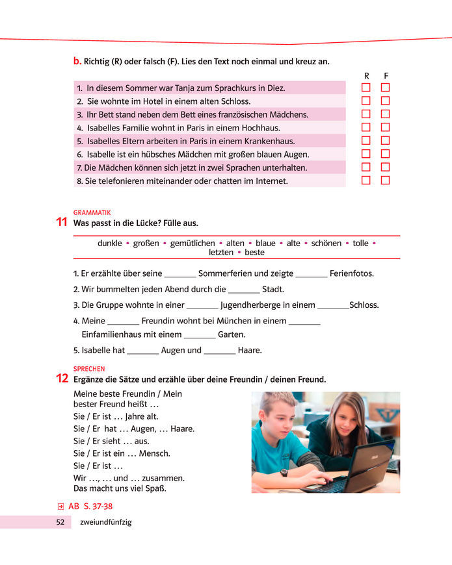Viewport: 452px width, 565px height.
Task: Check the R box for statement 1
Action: (x=366, y=88)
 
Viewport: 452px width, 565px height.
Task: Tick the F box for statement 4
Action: (x=385, y=127)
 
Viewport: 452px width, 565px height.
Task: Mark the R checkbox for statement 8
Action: (x=366, y=181)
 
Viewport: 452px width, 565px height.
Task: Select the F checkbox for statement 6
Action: (x=385, y=154)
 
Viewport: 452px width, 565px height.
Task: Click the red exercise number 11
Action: (x=62, y=222)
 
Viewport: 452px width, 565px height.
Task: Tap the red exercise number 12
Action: (x=62, y=379)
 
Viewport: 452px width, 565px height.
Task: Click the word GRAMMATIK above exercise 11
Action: (x=92, y=212)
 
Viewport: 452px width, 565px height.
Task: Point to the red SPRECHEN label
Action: (x=89, y=369)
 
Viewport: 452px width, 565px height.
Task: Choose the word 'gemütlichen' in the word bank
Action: (x=193, y=244)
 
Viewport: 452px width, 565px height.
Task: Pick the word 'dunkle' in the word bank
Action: (x=110, y=244)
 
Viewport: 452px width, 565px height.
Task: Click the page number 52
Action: (x=60, y=522)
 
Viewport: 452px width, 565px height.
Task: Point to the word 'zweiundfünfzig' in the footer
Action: (x=105, y=522)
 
